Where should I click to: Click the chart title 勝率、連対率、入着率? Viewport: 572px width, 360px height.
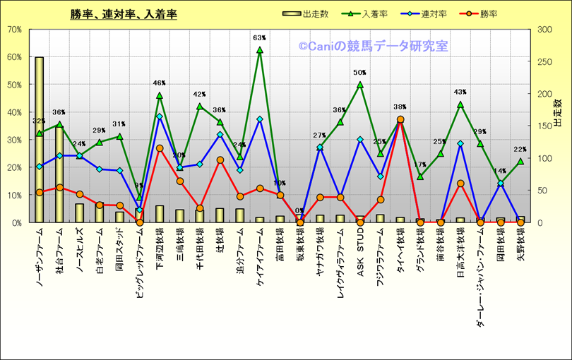(x=124, y=14)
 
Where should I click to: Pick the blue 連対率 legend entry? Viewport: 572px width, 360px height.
(x=430, y=13)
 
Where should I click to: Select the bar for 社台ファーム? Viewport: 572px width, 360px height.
(x=59, y=176)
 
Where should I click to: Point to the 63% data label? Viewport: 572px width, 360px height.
(x=259, y=38)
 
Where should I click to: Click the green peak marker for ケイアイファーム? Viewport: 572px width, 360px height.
(x=259, y=50)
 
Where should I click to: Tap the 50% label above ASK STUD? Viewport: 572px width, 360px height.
(x=359, y=73)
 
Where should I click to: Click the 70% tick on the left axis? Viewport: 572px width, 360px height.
(x=14, y=30)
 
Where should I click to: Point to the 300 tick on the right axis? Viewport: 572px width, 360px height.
(x=546, y=30)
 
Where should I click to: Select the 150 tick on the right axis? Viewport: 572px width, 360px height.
(x=546, y=126)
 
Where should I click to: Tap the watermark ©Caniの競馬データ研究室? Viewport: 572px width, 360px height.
(x=372, y=47)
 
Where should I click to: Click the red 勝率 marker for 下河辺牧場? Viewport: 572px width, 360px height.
(x=160, y=148)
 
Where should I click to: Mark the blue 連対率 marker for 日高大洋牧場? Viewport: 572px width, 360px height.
(x=460, y=143)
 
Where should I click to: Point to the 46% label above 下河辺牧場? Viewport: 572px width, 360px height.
(x=160, y=83)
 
